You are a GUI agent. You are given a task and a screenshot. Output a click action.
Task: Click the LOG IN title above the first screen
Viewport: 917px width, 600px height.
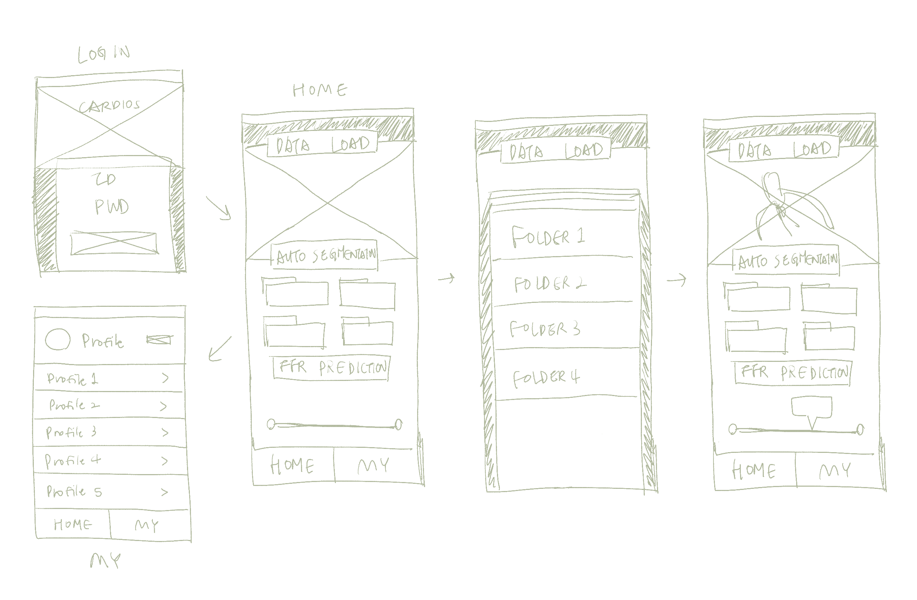click(x=103, y=54)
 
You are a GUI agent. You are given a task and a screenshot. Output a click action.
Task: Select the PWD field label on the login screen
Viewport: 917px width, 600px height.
click(x=112, y=207)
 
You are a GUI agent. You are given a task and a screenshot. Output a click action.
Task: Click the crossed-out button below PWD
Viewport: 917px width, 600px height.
click(x=114, y=243)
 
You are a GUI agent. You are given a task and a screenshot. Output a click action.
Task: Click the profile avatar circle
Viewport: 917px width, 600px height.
click(x=58, y=340)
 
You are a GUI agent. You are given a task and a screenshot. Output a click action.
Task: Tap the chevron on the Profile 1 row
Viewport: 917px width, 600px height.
click(x=165, y=378)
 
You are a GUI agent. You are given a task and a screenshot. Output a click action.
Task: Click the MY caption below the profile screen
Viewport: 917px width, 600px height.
click(x=105, y=560)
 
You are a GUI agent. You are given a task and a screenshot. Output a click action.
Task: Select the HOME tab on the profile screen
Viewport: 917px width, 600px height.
click(x=73, y=524)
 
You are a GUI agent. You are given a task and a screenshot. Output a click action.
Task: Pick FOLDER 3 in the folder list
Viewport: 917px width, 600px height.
click(x=544, y=329)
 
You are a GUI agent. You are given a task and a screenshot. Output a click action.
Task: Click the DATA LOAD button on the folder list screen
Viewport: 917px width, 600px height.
click(x=556, y=151)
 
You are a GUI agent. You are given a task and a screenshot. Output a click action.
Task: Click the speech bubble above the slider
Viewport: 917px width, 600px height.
click(x=811, y=408)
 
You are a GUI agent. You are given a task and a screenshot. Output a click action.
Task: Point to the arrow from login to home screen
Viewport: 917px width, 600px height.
click(x=219, y=208)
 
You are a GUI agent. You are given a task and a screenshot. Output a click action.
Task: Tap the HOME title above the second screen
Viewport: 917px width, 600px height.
click(x=320, y=90)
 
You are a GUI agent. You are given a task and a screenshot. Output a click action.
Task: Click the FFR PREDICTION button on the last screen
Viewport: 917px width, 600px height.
click(x=794, y=373)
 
